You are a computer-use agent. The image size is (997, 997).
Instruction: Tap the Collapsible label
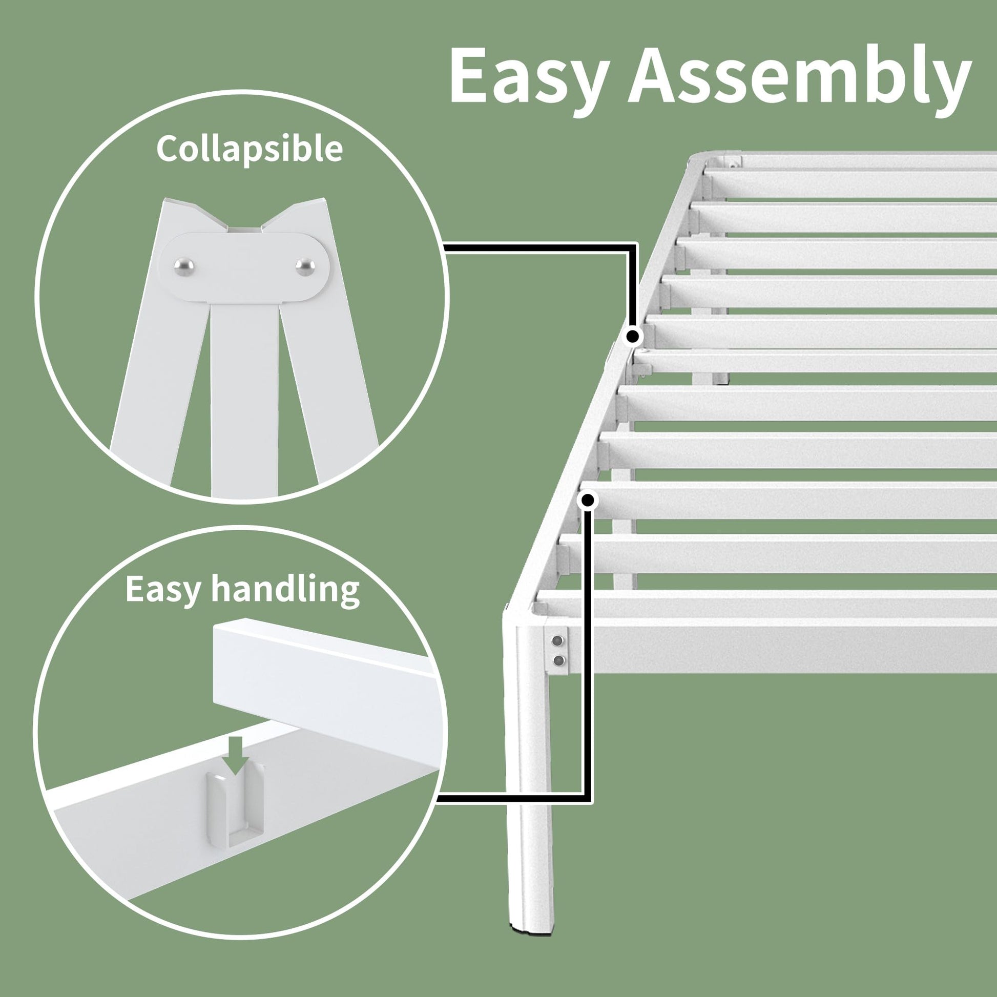pos(249,149)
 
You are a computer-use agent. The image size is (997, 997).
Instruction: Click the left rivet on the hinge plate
pos(184,267)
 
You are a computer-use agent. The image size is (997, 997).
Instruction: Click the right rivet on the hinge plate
pos(305,266)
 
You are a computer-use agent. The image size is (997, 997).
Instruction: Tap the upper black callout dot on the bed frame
pos(633,337)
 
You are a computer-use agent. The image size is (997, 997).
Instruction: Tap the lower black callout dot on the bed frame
pos(588,500)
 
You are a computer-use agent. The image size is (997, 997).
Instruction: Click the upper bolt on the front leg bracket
pos(557,641)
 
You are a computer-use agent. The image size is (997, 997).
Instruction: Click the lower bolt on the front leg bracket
pos(557,660)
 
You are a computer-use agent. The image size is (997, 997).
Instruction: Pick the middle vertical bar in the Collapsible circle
pos(244,398)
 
